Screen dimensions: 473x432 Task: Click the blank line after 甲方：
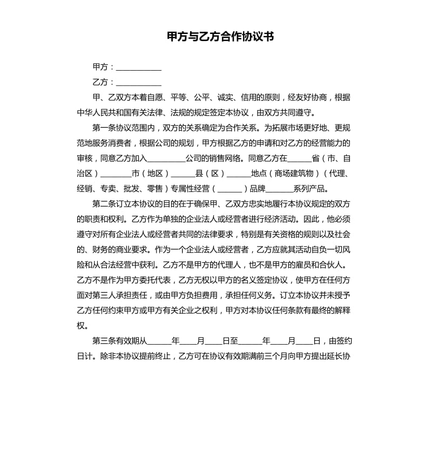click(x=138, y=68)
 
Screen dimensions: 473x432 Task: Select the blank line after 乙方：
click(x=138, y=83)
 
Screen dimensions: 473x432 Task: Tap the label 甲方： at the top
click(x=103, y=67)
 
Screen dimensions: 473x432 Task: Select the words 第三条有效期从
click(x=119, y=341)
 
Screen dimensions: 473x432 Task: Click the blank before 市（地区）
click(x=116, y=174)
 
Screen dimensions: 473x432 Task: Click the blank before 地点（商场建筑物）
click(x=239, y=174)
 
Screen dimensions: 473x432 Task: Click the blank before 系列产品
click(x=280, y=189)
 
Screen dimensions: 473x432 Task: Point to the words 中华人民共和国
click(x=106, y=113)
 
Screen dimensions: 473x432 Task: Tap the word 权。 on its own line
click(x=82, y=326)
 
